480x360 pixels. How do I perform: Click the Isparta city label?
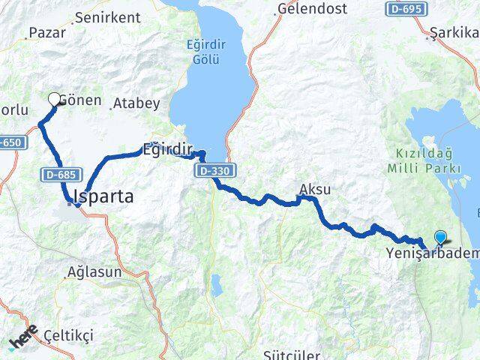point(103,197)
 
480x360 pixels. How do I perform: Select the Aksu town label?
point(314,188)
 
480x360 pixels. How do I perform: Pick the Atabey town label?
point(135,104)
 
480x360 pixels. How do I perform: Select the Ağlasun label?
point(94,272)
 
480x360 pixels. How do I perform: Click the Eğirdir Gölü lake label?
point(205,50)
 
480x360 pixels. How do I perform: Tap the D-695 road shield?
point(405,8)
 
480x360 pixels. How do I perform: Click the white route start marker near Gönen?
point(54,98)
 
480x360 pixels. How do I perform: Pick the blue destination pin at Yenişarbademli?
point(439,238)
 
